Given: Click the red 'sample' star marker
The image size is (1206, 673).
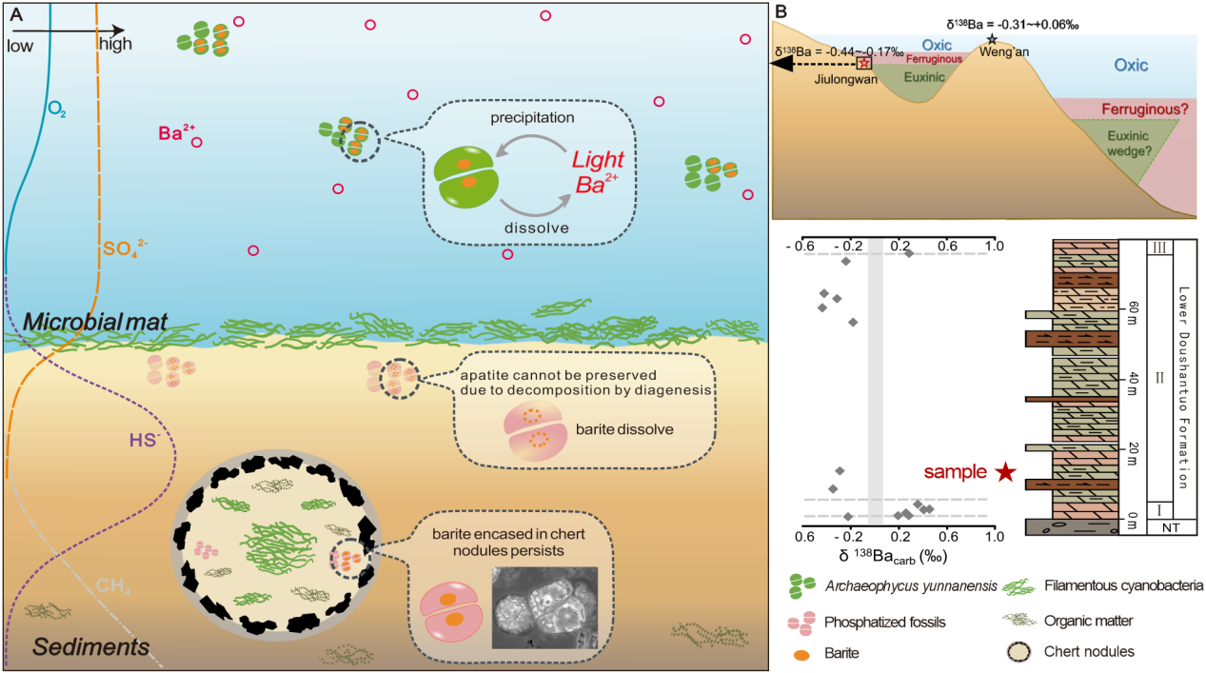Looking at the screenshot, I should pos(1005,472).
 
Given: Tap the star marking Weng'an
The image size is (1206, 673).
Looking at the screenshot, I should pos(992,40).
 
